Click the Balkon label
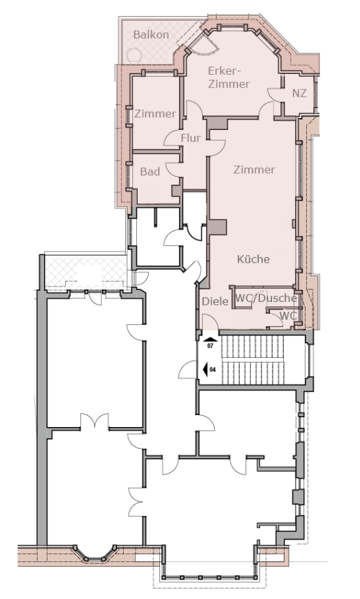(x=151, y=35)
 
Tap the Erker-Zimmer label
(x=229, y=77)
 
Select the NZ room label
(x=299, y=93)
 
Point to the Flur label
(x=191, y=138)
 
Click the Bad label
(x=150, y=171)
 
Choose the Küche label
(x=253, y=259)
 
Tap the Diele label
(x=215, y=301)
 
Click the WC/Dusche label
(x=266, y=298)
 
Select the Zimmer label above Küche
(x=254, y=169)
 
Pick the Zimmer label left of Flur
(x=155, y=113)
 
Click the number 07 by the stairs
(x=210, y=346)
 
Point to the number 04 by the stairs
(x=213, y=370)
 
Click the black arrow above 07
(x=210, y=339)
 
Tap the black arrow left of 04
(x=205, y=370)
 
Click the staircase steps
(x=253, y=360)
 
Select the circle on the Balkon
(x=134, y=55)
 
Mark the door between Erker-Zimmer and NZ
(x=275, y=94)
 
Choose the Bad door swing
(x=173, y=168)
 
